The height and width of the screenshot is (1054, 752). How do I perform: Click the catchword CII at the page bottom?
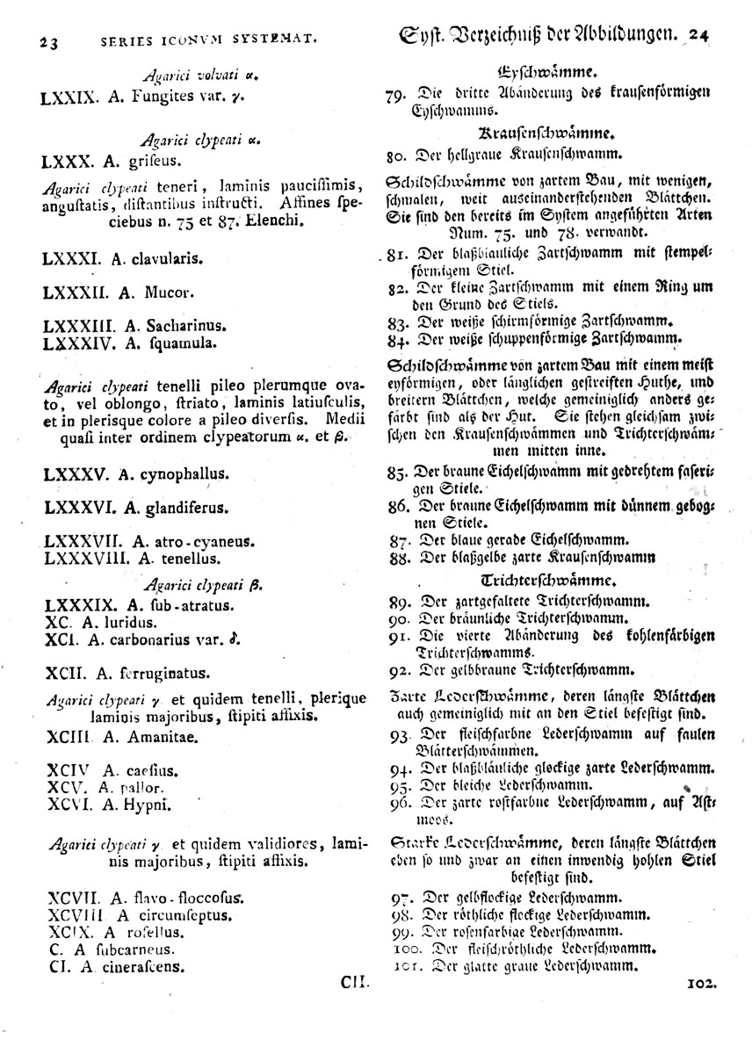355,986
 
